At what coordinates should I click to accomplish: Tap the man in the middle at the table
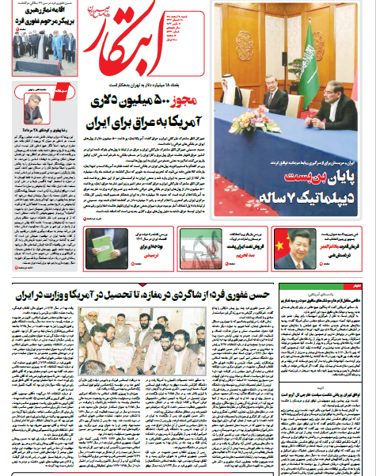coord(275,99)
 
